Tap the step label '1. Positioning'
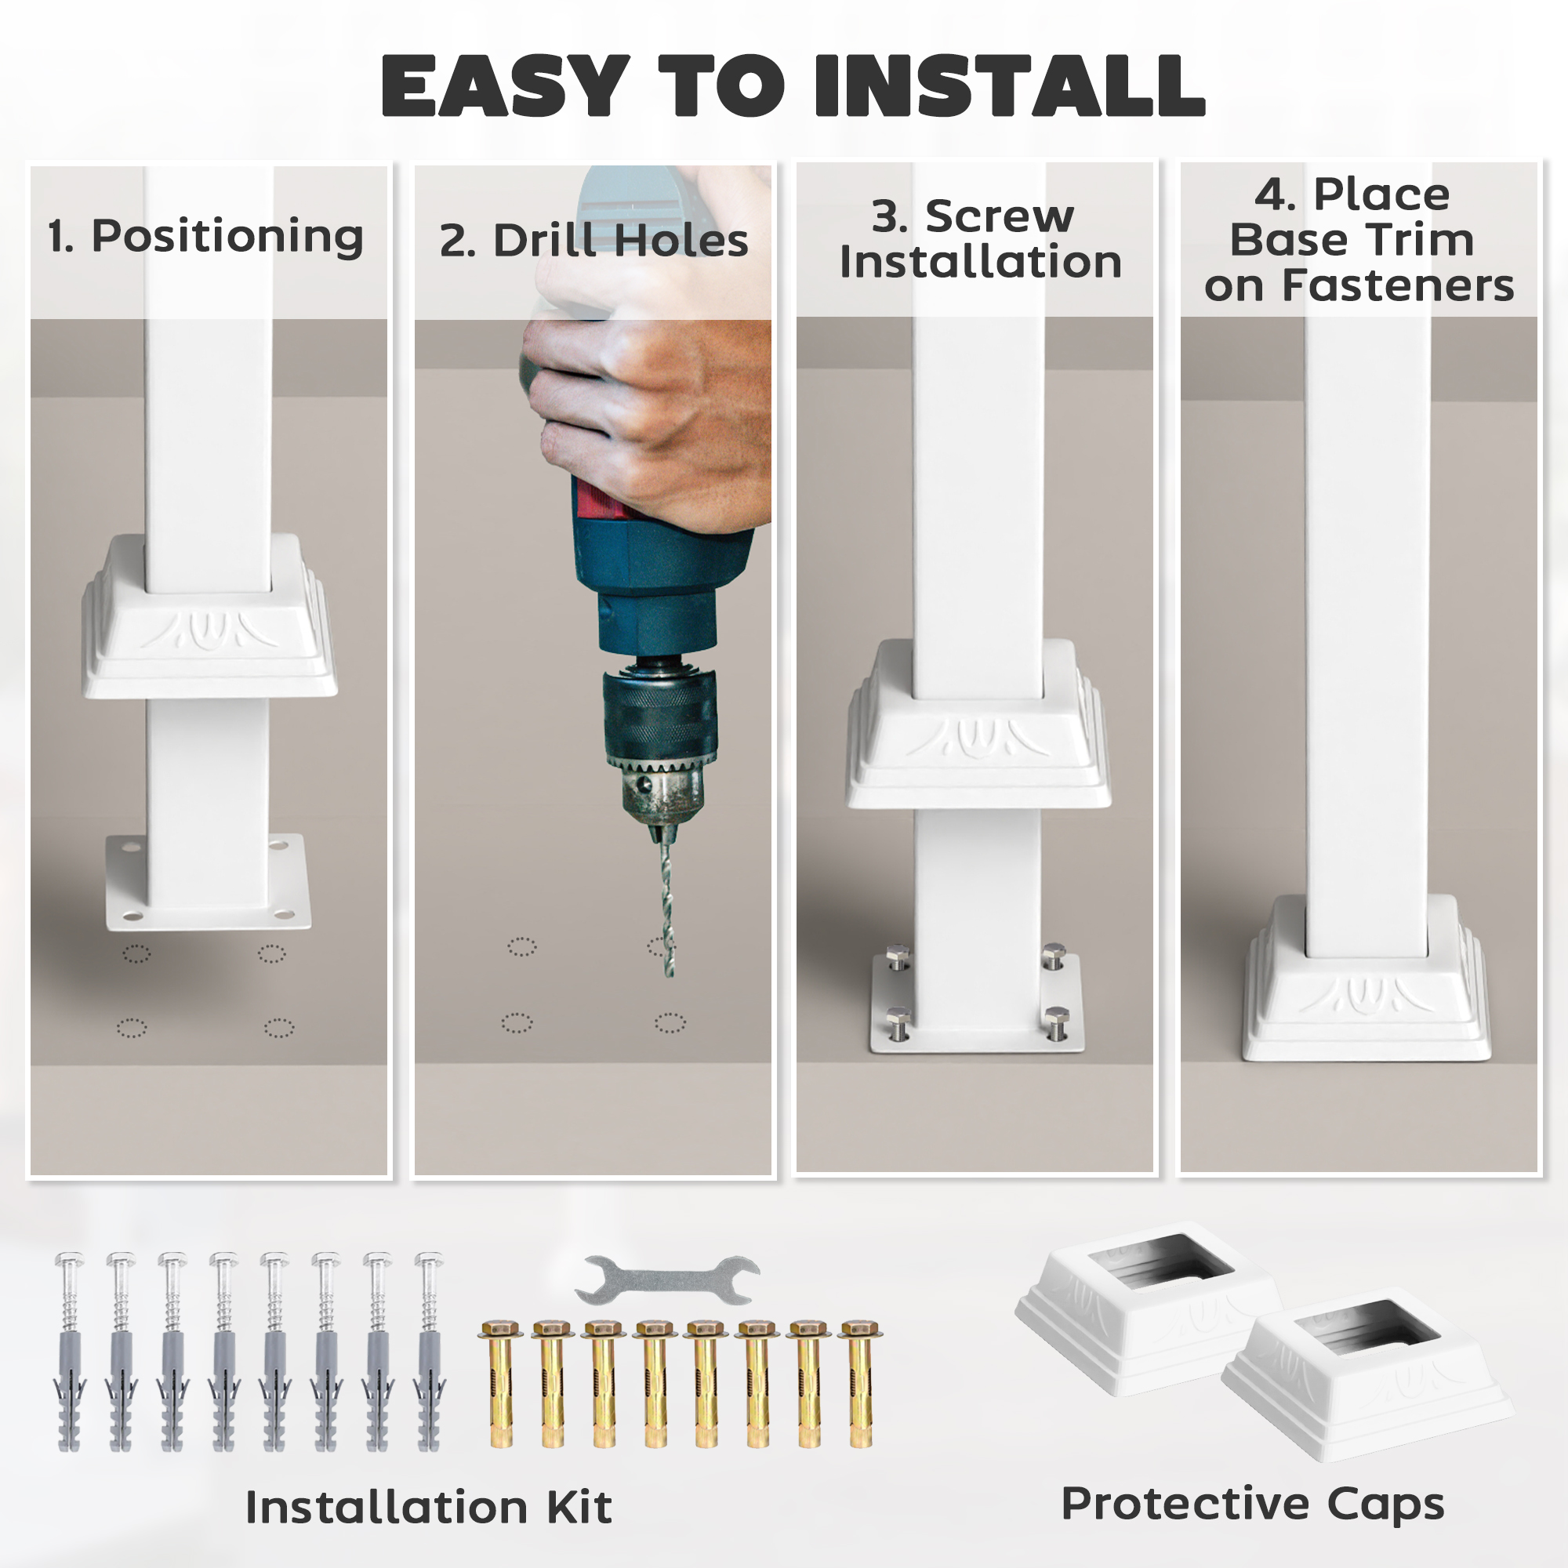[x=205, y=236]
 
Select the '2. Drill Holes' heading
[x=593, y=241]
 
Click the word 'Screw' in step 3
[x=999, y=216]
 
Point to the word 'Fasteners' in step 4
[x=1398, y=285]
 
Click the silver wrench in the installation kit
[x=667, y=1280]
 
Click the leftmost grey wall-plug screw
[x=69, y=1352]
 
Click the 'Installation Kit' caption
[x=429, y=1507]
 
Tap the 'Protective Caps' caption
[x=1252, y=1503]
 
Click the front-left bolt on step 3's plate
[x=898, y=1023]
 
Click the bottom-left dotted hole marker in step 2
[x=517, y=1022]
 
